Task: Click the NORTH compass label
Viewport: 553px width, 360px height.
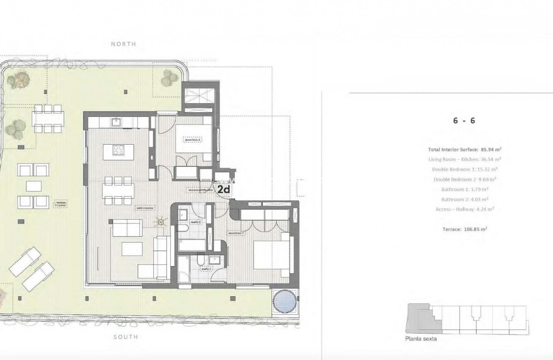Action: (x=123, y=44)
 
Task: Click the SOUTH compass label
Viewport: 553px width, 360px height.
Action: (x=125, y=337)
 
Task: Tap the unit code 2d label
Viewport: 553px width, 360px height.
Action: (x=224, y=189)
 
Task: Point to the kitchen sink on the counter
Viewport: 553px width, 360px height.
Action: (x=116, y=122)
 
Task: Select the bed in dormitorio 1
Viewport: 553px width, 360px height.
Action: (x=271, y=254)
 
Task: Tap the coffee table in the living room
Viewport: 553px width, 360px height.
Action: (x=132, y=249)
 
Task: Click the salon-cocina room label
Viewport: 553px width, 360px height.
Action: (x=145, y=207)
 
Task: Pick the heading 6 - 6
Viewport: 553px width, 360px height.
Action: (x=464, y=121)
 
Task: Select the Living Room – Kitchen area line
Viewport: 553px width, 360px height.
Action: (x=465, y=159)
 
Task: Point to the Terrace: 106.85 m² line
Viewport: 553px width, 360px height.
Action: (x=465, y=229)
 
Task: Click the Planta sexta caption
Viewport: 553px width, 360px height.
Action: (x=421, y=339)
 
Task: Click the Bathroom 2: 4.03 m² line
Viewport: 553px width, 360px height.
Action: (x=465, y=199)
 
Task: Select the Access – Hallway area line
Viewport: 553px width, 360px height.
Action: (x=465, y=209)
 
